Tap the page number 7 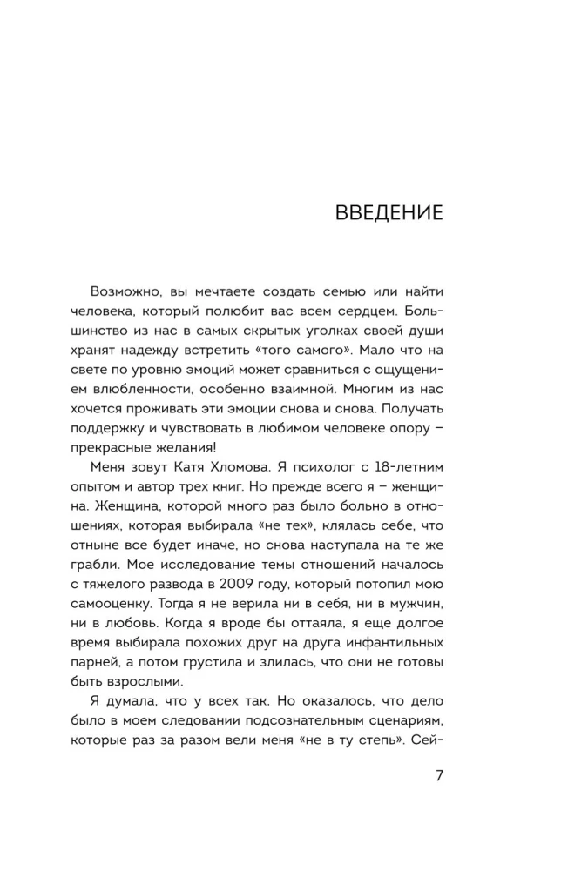439,777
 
